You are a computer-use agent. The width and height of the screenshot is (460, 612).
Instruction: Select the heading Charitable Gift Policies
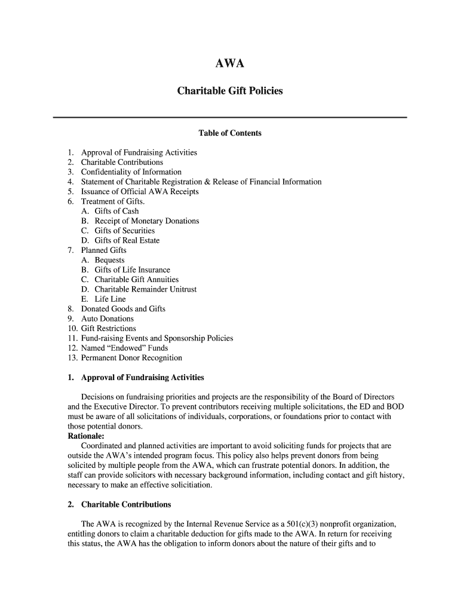(x=229, y=91)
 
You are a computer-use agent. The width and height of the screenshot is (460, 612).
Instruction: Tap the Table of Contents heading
(x=230, y=133)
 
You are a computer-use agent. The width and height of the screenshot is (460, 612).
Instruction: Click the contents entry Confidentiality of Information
(x=131, y=172)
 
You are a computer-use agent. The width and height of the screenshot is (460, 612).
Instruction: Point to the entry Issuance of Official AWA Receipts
(x=140, y=192)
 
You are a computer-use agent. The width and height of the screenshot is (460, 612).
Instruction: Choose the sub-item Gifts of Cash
(x=116, y=211)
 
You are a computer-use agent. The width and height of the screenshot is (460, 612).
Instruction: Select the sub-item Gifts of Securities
(x=124, y=231)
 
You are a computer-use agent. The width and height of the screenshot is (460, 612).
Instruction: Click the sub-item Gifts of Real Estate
(x=127, y=240)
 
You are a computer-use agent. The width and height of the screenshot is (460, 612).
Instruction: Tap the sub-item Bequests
(x=109, y=260)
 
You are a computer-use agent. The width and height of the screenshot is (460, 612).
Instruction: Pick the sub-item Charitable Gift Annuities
(x=136, y=280)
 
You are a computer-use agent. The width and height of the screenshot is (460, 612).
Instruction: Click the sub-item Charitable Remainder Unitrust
(x=145, y=289)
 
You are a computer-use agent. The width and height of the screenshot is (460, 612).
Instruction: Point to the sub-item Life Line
(x=110, y=299)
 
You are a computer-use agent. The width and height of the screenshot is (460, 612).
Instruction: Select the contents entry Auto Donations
(x=108, y=319)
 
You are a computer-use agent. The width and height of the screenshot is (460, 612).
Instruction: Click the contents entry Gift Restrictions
(x=108, y=329)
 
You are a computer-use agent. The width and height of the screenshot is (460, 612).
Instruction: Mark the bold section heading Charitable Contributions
(x=126, y=504)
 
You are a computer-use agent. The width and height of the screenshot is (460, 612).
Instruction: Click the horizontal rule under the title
(x=230, y=117)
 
